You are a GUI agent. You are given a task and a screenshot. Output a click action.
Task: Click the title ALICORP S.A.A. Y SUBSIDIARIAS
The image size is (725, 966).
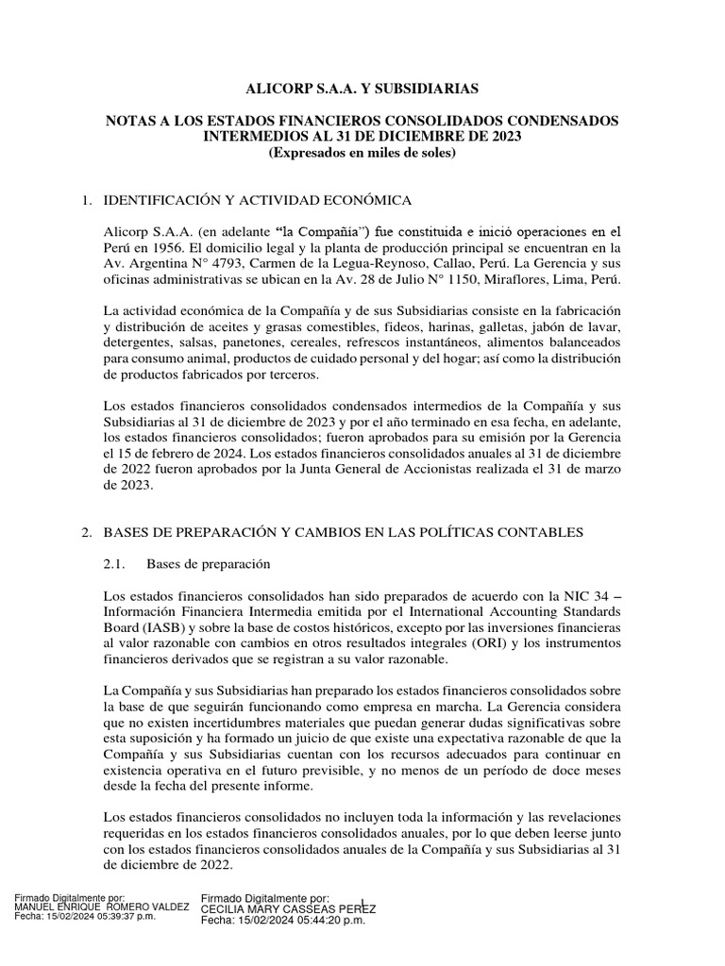362,89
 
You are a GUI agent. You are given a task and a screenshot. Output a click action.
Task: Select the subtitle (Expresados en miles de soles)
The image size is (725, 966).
362,153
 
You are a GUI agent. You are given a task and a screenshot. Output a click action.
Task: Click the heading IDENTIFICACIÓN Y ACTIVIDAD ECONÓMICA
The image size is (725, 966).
258,200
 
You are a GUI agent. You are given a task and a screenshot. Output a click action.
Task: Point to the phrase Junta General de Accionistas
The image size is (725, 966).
396,470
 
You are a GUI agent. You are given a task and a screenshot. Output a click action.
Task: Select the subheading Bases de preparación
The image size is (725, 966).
209,564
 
